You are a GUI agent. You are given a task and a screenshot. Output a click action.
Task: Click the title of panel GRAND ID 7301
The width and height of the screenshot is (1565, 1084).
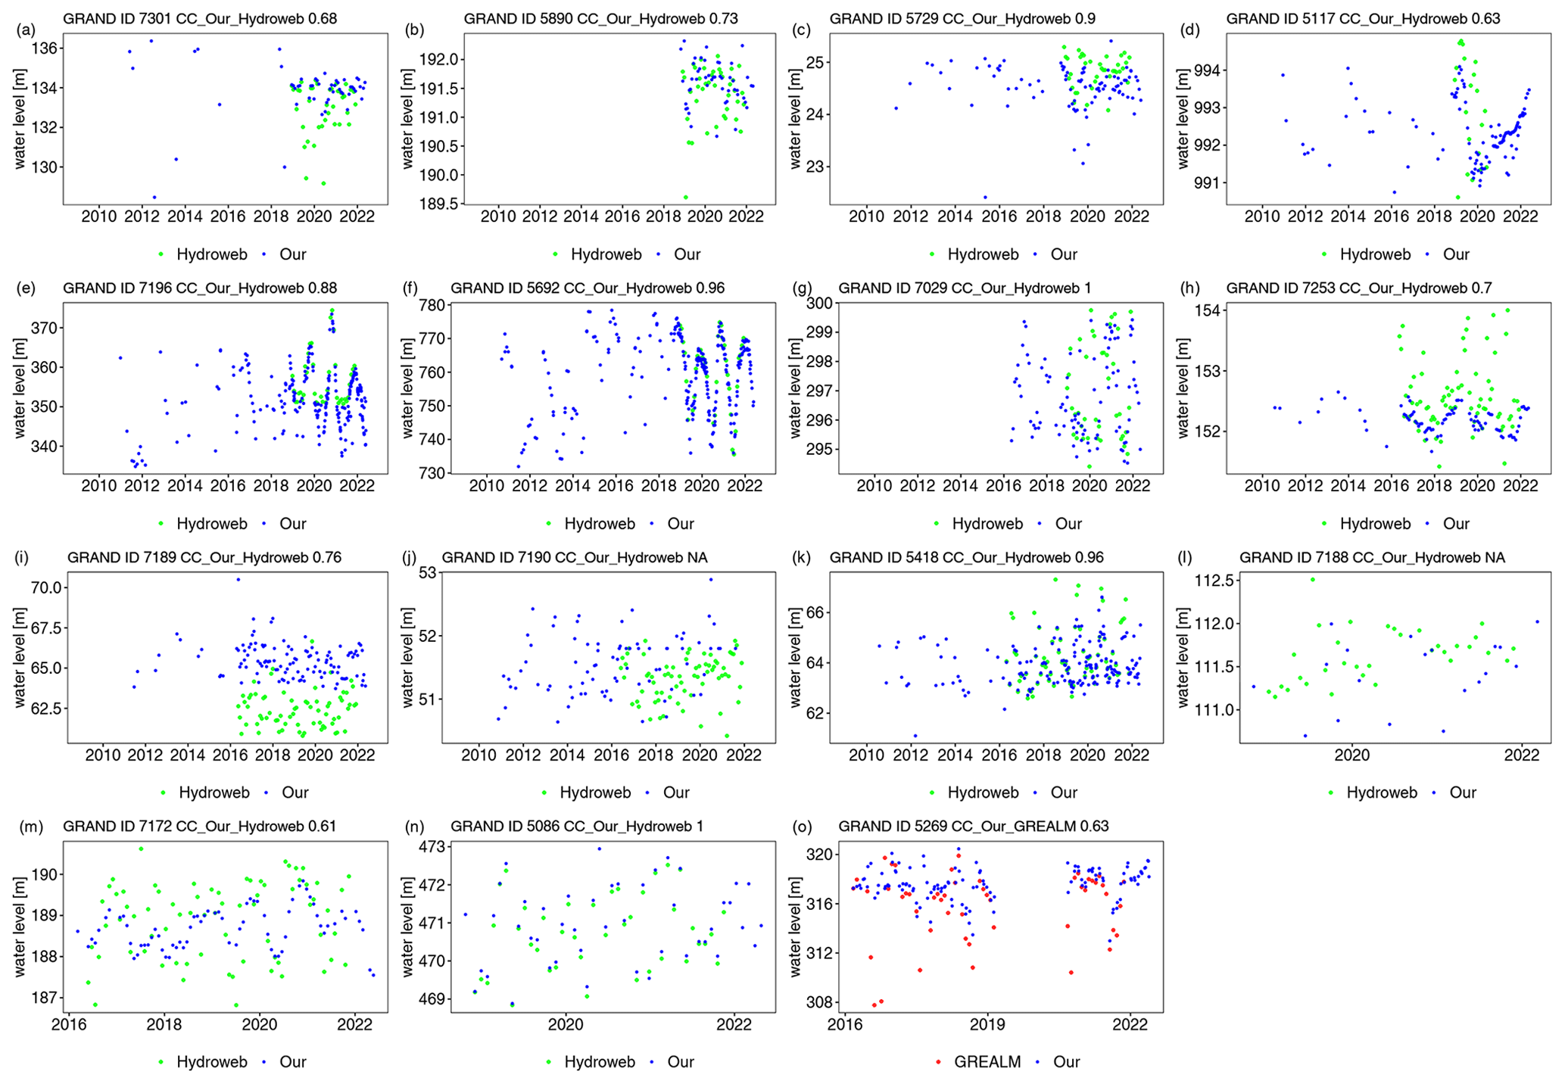pos(200,18)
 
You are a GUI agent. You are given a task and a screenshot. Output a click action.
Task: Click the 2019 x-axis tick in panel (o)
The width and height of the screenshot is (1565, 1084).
pos(987,1024)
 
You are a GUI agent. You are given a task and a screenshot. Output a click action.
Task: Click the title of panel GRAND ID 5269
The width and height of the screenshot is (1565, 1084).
pos(974,827)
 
